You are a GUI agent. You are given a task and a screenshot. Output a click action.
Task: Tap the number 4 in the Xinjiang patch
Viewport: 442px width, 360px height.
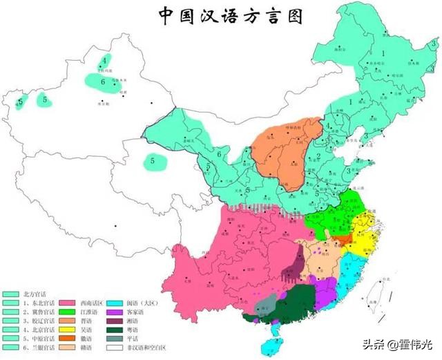click(104, 61)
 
